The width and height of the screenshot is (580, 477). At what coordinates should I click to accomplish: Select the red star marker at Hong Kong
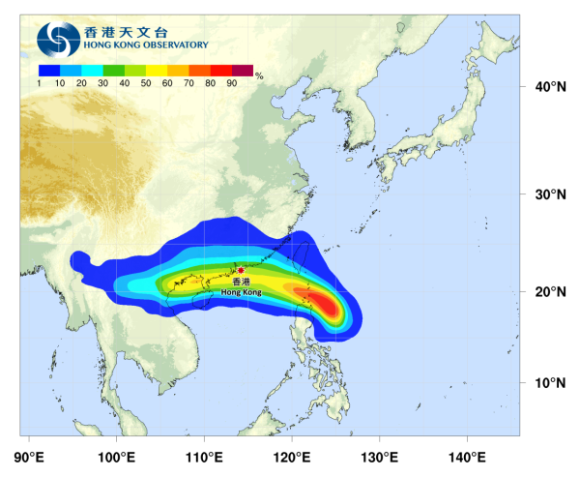pos(241,270)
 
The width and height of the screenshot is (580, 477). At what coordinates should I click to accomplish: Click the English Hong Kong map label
pos(241,291)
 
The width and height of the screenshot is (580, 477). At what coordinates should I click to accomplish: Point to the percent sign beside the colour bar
pos(260,74)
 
